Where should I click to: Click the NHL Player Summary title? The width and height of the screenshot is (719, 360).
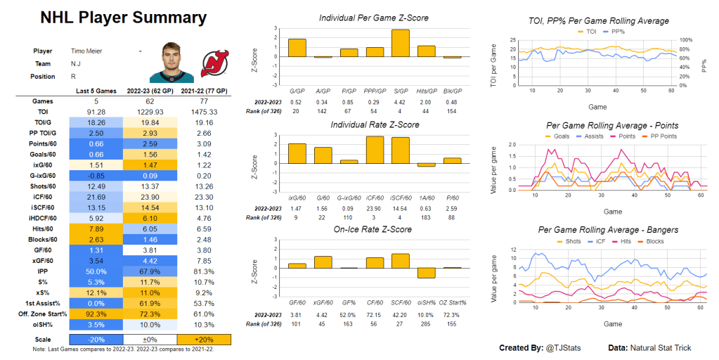122,18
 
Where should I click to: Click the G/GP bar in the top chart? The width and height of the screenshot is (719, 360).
297,48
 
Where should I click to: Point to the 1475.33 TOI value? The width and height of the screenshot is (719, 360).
201,110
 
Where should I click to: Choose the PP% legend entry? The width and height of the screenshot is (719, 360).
613,32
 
